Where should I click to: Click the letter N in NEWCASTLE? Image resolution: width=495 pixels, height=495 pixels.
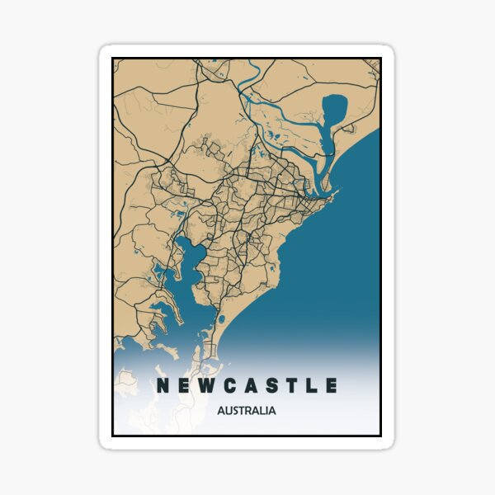coord(159,385)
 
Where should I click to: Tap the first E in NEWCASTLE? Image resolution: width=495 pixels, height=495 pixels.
coord(183,385)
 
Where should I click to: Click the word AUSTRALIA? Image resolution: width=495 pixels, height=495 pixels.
coord(246,409)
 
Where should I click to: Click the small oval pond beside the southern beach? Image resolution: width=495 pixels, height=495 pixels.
coord(221,318)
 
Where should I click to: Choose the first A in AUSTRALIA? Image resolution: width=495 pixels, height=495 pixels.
coord(221,409)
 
